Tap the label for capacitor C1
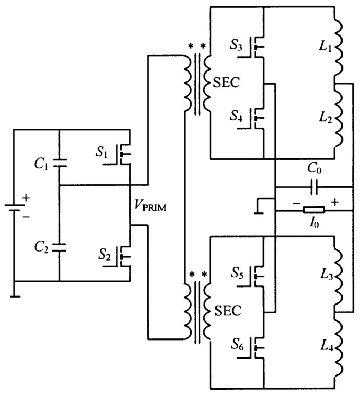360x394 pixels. tap(43, 165)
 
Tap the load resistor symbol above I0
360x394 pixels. tap(313, 210)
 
